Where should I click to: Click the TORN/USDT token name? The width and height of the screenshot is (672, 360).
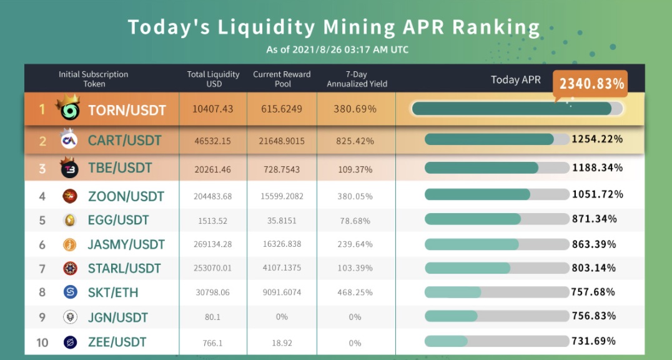[x=127, y=110]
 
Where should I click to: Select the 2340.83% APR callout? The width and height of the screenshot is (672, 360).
[x=591, y=83]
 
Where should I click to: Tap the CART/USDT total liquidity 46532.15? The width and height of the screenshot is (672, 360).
[x=213, y=141]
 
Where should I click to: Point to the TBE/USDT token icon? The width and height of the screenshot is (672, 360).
[x=69, y=167]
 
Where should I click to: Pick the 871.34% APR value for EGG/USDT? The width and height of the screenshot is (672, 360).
[x=594, y=219]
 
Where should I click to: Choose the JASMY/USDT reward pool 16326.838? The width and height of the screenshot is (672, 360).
[x=282, y=244]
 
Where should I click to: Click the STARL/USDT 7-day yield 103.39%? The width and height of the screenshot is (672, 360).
[x=356, y=268]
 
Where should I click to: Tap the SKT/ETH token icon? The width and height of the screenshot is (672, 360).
[x=70, y=292]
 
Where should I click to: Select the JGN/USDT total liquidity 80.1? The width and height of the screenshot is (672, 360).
[x=213, y=317]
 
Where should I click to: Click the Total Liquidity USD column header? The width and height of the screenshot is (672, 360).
[x=213, y=79]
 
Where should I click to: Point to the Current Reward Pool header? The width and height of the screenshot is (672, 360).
[x=282, y=79]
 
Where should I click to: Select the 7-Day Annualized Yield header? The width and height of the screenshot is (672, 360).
[x=357, y=79]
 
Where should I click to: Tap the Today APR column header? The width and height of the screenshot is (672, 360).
[x=515, y=79]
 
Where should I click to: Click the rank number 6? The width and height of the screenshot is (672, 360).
[x=42, y=244]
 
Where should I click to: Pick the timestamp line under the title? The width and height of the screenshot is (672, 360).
[x=337, y=50]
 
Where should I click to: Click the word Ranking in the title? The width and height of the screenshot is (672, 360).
[x=496, y=27]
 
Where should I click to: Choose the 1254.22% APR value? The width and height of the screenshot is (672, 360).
[x=597, y=139]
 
